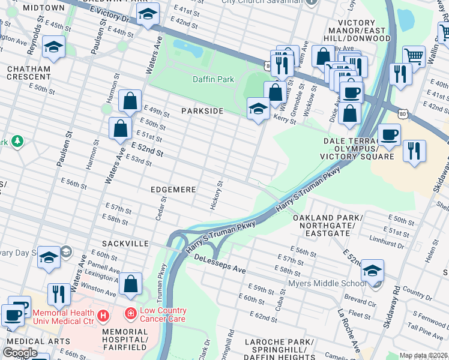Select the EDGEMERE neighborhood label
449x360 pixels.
(x=173, y=190)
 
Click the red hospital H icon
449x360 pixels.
(x=103, y=314)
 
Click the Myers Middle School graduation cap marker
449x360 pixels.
(x=372, y=271)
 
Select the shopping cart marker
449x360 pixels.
(x=414, y=56)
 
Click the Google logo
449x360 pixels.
(x=20, y=352)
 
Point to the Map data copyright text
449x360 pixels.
(x=423, y=355)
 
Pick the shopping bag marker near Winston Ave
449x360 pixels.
(x=130, y=283)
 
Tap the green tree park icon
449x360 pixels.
(x=18, y=142)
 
